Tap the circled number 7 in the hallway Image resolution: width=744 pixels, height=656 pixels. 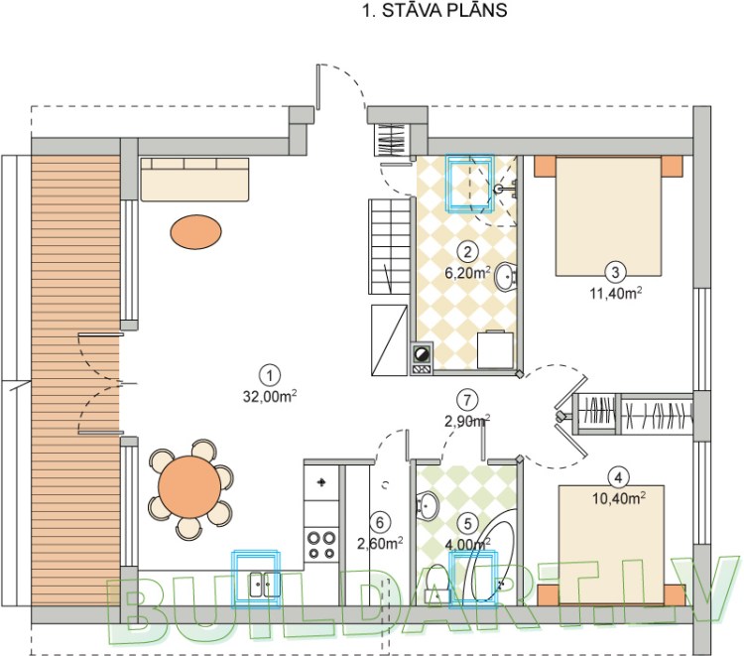pos(468,400)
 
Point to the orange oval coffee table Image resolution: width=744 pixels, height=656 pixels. pos(195,233)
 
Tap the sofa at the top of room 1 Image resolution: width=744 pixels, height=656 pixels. pos(194,179)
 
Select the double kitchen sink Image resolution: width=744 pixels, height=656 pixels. pos(258,586)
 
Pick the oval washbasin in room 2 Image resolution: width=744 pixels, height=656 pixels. pos(503,277)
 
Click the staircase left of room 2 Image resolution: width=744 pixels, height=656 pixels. pos(390,288)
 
